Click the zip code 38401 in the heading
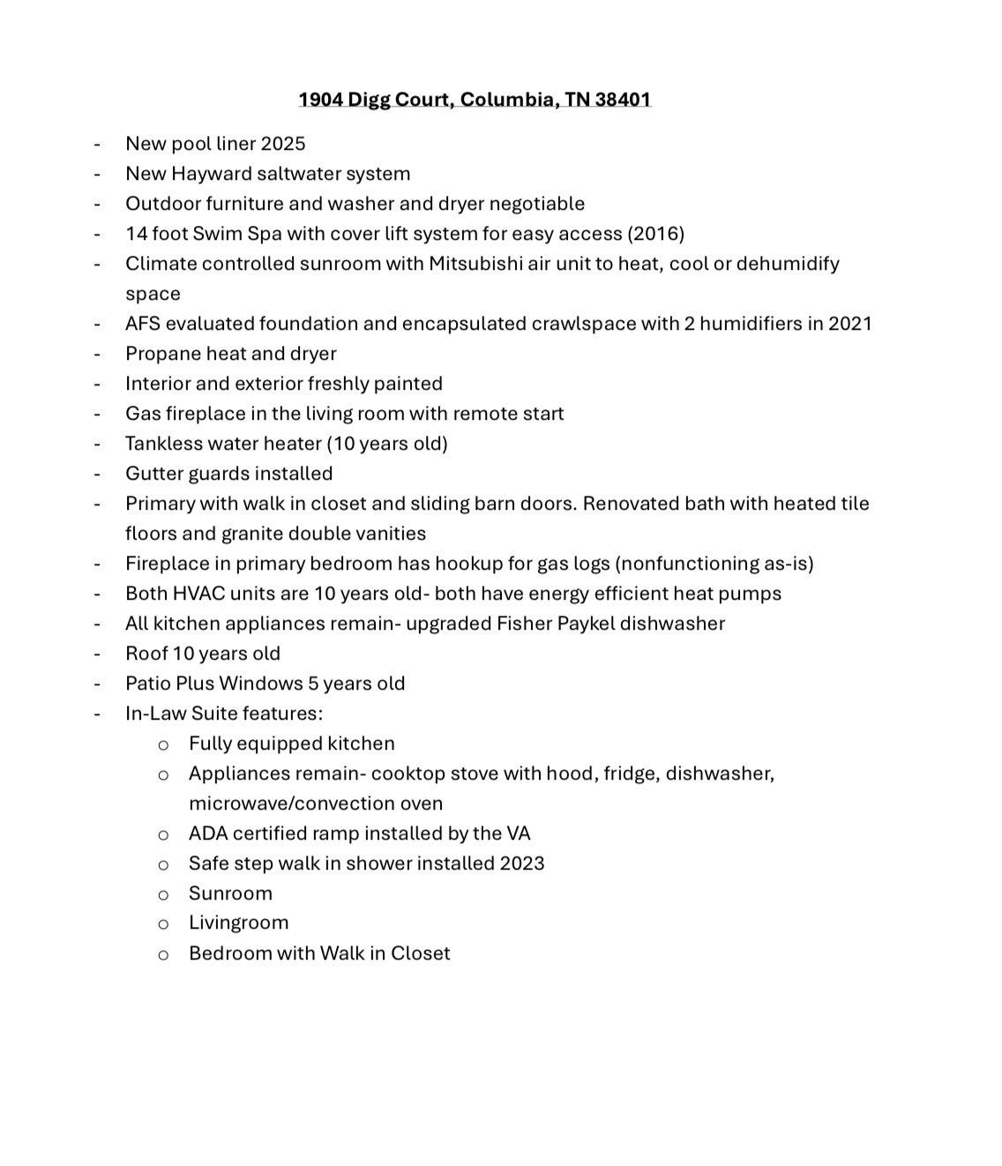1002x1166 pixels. [x=623, y=99]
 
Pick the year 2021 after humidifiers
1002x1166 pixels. [x=849, y=324]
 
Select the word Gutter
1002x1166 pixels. [x=153, y=474]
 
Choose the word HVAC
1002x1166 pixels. [x=199, y=594]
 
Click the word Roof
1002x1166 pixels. [x=146, y=654]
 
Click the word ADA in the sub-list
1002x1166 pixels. [x=208, y=833]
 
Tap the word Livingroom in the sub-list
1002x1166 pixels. [x=238, y=923]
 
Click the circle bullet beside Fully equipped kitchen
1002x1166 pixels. [x=163, y=745]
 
